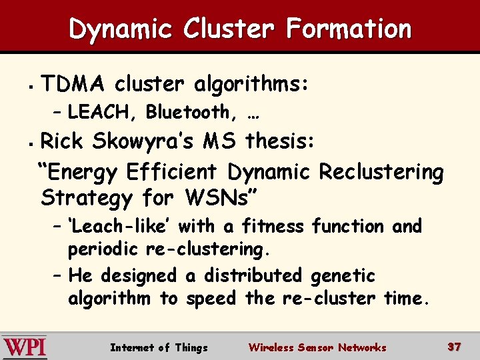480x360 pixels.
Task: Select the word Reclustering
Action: [381, 172]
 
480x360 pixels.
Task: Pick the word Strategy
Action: [86, 198]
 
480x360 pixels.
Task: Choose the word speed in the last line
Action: [211, 298]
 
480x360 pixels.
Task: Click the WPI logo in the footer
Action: [25, 347]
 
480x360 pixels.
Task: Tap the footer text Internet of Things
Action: [159, 347]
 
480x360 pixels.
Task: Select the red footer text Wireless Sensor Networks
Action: [317, 347]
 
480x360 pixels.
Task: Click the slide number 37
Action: [455, 347]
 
